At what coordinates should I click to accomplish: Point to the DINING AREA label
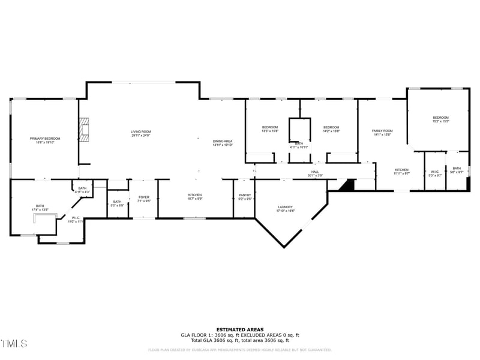[x=222, y=142]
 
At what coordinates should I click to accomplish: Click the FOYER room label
[x=143, y=197]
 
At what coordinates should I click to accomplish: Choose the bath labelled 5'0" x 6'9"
[x=117, y=203]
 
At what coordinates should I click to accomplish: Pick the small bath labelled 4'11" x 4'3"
[x=82, y=190]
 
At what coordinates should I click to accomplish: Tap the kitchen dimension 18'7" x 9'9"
[x=195, y=198]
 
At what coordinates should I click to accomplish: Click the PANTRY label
[x=244, y=195]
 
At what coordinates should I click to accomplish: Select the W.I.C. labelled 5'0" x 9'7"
[x=435, y=172]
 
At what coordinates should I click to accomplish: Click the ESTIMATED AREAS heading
[x=239, y=329]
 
